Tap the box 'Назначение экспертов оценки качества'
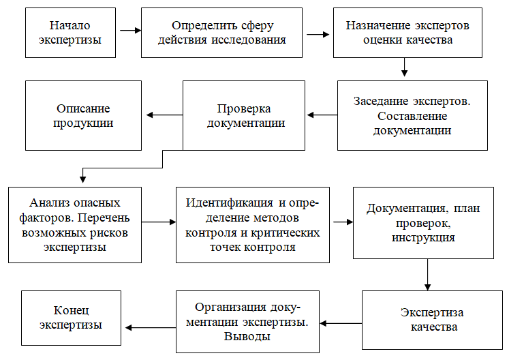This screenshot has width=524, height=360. [x=407, y=33]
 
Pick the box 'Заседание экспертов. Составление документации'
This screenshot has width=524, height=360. [x=412, y=115]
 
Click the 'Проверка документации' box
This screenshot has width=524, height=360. [x=243, y=115]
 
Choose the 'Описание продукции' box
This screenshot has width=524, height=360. [x=83, y=115]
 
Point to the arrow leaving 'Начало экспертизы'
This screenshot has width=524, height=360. [x=129, y=31]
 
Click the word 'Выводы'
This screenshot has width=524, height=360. [x=247, y=337]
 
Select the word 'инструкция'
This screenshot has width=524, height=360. [x=423, y=238]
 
